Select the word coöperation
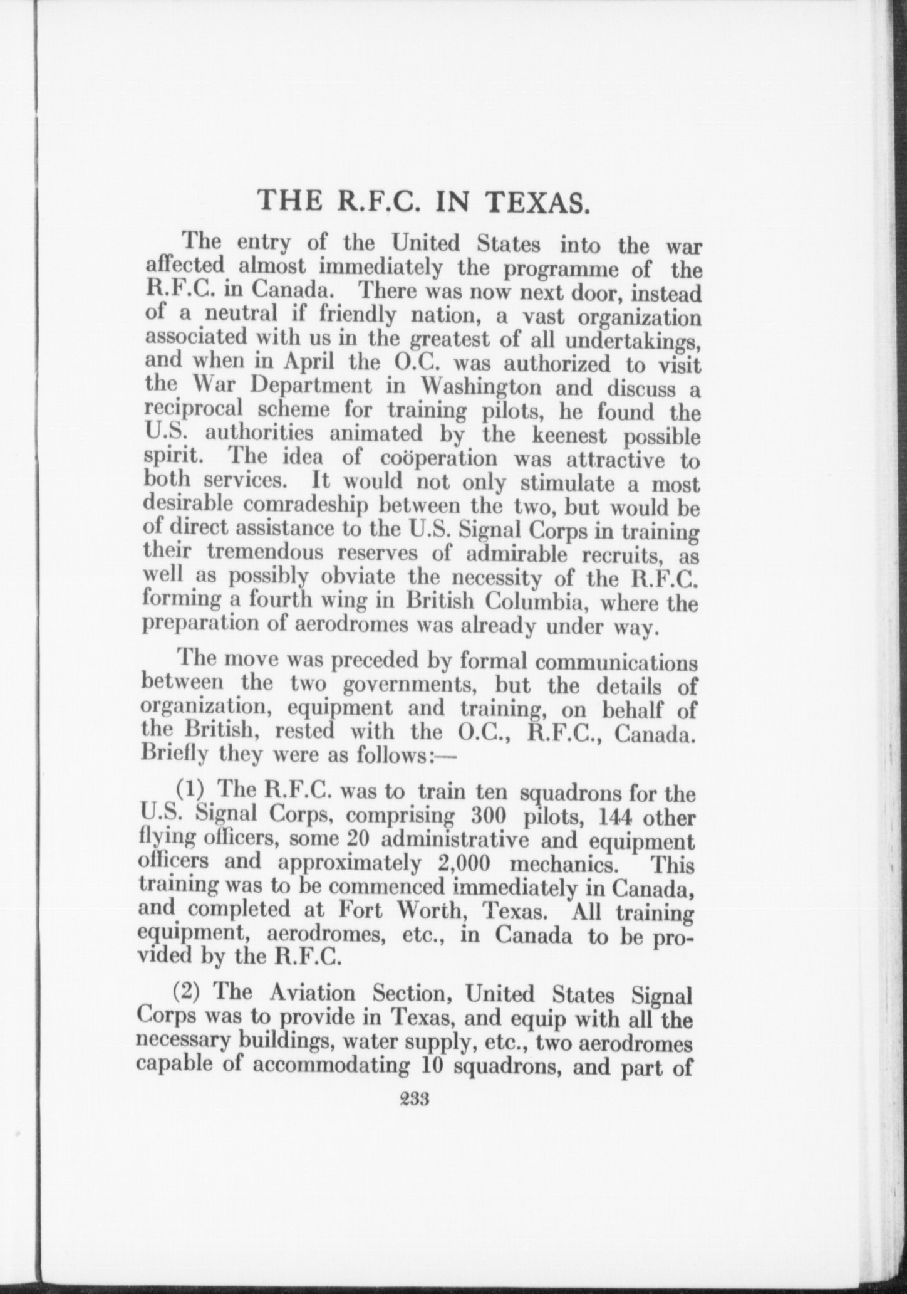tap(438, 458)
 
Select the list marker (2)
tap(189, 994)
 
